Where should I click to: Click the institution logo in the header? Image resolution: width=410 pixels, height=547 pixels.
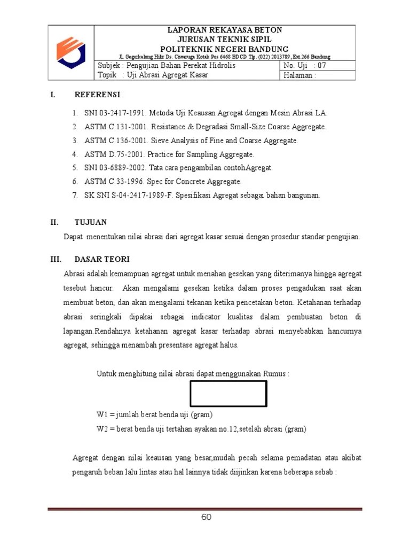click(71, 52)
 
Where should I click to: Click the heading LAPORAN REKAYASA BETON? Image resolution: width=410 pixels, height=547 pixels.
click(225, 30)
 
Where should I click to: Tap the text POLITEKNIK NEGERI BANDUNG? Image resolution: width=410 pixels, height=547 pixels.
click(225, 48)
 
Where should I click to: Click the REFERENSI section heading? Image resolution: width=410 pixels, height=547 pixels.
click(97, 95)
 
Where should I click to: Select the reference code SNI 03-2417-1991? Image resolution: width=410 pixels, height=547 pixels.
click(115, 113)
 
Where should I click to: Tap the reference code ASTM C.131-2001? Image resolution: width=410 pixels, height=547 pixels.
click(116, 127)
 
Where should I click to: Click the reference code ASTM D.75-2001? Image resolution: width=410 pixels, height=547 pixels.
click(114, 154)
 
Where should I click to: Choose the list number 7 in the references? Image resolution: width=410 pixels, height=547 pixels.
click(75, 196)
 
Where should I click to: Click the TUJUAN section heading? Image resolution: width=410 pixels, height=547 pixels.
click(91, 222)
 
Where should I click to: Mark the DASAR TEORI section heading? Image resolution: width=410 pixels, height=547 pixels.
click(102, 260)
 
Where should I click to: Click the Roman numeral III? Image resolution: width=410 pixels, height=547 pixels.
click(55, 260)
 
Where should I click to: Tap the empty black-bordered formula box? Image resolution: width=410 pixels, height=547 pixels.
click(228, 394)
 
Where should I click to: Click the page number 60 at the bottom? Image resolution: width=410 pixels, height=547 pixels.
click(207, 517)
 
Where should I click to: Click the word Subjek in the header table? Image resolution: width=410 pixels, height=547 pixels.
click(109, 66)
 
